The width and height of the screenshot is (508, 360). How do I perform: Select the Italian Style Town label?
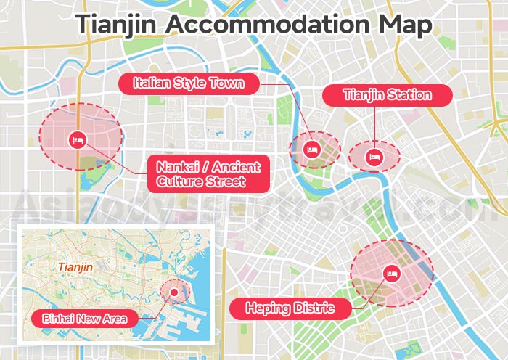coord(188,83)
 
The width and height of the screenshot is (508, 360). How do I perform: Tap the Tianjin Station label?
coord(387,95)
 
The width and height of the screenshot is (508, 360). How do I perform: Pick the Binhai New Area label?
coord(80,319)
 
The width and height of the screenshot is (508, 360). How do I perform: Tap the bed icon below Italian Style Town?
coord(313,150)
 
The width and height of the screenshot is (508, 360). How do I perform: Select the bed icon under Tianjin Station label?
coord(374,156)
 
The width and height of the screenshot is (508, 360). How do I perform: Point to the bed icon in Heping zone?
coord(391,274)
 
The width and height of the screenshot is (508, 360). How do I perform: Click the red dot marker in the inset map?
coord(174,293)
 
